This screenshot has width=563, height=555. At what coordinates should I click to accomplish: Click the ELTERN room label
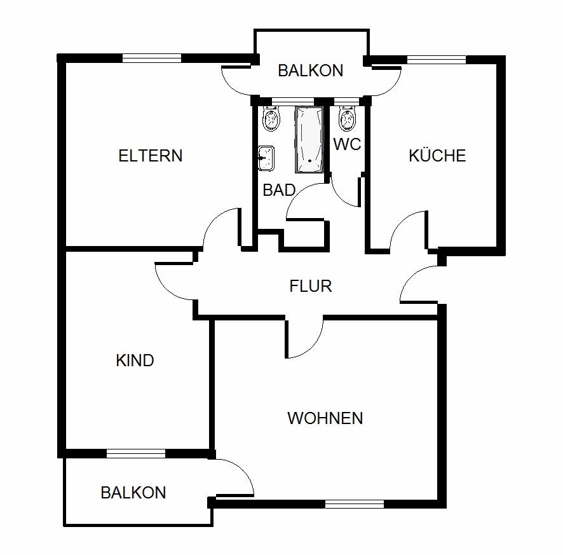point(151,156)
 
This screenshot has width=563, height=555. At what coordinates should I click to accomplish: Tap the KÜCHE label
point(437,156)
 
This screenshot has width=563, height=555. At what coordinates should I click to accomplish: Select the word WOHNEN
point(325,418)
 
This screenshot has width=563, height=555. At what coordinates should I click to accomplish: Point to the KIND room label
point(135,360)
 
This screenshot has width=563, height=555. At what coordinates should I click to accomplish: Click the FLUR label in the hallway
point(311,286)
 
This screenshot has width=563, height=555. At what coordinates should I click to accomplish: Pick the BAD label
point(279,190)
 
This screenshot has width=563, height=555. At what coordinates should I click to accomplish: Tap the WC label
point(347,144)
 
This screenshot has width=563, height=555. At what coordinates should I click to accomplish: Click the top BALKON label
point(311,71)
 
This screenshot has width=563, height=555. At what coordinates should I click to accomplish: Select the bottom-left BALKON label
point(133,493)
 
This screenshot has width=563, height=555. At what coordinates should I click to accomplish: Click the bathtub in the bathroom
point(309,139)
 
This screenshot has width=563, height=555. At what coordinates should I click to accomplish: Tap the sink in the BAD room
point(266,158)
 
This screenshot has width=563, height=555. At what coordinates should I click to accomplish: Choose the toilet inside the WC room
point(347,118)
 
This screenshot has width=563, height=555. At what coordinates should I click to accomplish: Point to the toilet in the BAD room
point(271,118)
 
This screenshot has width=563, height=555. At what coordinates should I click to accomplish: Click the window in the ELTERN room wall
point(152,58)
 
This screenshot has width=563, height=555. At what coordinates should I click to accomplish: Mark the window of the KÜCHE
point(437,60)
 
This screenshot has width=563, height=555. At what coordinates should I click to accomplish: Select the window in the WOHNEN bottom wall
point(355,504)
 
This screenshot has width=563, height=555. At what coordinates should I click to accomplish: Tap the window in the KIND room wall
point(136,454)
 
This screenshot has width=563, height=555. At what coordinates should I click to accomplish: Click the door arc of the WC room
point(341,198)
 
